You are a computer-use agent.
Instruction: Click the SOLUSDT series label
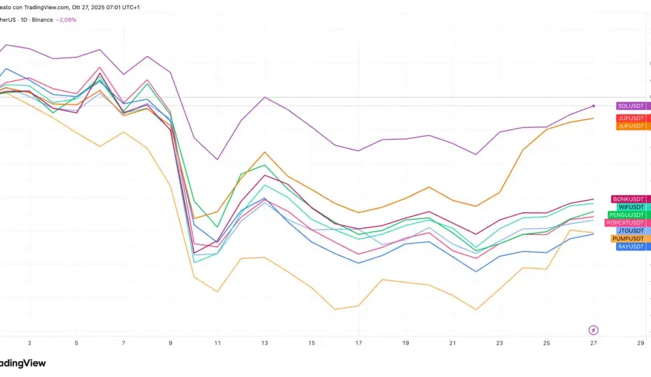[x=632, y=106]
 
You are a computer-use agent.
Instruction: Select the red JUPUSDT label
[x=632, y=118]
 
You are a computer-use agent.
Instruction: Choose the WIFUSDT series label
[x=631, y=207]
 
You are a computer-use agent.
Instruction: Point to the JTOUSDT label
[x=632, y=231]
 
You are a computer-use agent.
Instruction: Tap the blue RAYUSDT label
[x=632, y=247]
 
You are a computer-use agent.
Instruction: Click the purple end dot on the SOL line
[x=594, y=106]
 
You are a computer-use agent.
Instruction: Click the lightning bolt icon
[x=594, y=329]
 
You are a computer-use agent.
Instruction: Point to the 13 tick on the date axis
[x=265, y=343]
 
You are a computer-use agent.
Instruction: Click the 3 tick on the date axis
[x=29, y=343]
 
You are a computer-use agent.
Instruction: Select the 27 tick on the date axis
[x=594, y=343]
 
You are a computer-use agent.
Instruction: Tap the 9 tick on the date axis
[x=171, y=343]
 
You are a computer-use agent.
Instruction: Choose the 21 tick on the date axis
[x=452, y=343]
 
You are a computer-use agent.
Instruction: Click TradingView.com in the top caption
[x=45, y=7]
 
